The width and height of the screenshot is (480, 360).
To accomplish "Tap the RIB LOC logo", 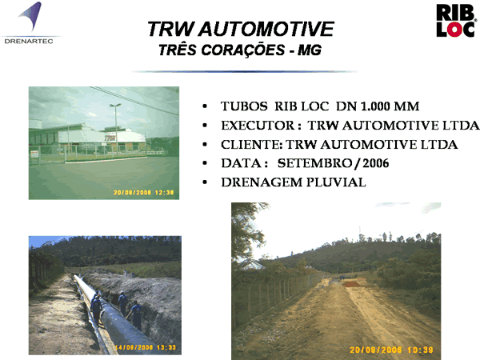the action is [456, 21].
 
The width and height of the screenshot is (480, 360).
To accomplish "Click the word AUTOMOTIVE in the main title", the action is [266, 29].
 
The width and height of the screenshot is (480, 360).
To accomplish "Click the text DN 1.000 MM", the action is [378, 106].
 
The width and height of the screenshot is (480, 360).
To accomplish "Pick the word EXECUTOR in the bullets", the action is [258, 126].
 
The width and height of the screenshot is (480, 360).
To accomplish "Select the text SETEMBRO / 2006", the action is [333, 163].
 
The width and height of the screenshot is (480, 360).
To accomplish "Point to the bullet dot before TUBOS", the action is [205, 106].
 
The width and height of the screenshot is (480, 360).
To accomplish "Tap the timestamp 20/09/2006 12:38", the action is [143, 193].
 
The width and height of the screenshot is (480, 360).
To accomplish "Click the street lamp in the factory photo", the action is [116, 129].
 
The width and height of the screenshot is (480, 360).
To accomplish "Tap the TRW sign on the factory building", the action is [110, 138].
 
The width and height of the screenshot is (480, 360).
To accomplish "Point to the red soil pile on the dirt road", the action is [351, 284].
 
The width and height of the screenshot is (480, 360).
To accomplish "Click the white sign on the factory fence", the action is [34, 154].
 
